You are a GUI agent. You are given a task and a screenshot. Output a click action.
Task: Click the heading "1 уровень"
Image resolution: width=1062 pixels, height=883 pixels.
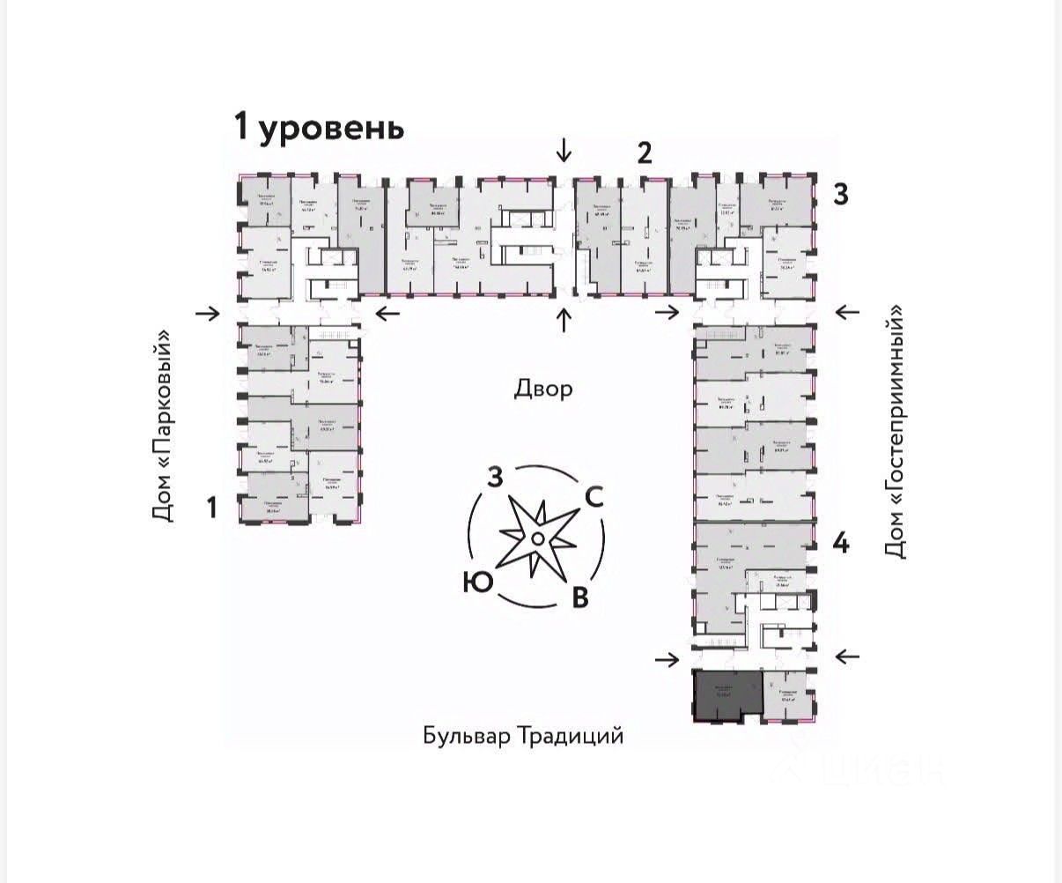coord(319,127)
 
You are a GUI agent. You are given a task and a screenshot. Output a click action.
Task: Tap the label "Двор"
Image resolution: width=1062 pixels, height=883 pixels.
coord(543,389)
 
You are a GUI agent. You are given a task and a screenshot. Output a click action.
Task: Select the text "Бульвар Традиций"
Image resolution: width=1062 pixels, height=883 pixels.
coord(523,736)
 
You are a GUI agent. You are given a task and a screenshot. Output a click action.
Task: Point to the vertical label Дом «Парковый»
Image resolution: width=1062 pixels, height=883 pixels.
coord(163,426)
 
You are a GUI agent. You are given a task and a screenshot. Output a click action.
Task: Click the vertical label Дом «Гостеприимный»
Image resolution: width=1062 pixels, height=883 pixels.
coord(895,432)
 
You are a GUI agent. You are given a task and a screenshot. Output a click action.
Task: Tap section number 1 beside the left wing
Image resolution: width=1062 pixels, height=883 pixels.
coord(211,507)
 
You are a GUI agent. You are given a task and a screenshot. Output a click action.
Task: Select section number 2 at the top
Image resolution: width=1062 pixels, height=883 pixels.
coord(645,153)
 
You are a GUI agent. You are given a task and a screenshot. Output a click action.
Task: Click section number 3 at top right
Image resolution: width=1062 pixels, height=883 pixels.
coord(841,194)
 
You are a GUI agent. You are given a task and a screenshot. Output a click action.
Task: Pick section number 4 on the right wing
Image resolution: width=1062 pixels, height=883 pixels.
coord(841,544)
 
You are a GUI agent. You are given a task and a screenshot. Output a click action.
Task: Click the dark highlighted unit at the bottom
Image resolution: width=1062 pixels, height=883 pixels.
coord(726,695)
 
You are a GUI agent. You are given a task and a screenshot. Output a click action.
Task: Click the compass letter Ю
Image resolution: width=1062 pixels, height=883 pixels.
coord(476,582)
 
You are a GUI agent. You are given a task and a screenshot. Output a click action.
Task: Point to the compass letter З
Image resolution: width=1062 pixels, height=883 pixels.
coord(496,479)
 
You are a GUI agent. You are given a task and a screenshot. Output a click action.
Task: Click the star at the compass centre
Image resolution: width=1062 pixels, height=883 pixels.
coord(536,538)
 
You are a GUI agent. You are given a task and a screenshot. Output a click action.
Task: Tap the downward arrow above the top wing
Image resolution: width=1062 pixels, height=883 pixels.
coord(564,151)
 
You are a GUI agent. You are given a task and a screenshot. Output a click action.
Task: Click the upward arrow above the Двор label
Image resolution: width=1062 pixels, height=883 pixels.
coord(564,320)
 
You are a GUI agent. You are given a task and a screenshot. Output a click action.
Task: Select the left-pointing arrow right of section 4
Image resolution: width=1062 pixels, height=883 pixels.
coord(847,656)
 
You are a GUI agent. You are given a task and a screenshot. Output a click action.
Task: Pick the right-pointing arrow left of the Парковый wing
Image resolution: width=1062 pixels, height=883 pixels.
coord(209,312)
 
